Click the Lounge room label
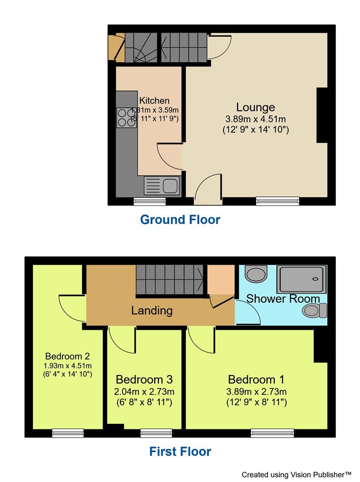coord(255,108)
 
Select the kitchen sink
coord(161,185)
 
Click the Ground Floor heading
coord(180,220)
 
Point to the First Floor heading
coord(180,452)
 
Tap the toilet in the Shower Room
coord(315,310)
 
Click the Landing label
coord(152,310)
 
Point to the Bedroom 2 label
coord(68,356)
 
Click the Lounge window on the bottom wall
coord(277,201)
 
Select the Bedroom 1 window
coord(272,432)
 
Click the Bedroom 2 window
coord(68,432)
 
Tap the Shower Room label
coord(283,298)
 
